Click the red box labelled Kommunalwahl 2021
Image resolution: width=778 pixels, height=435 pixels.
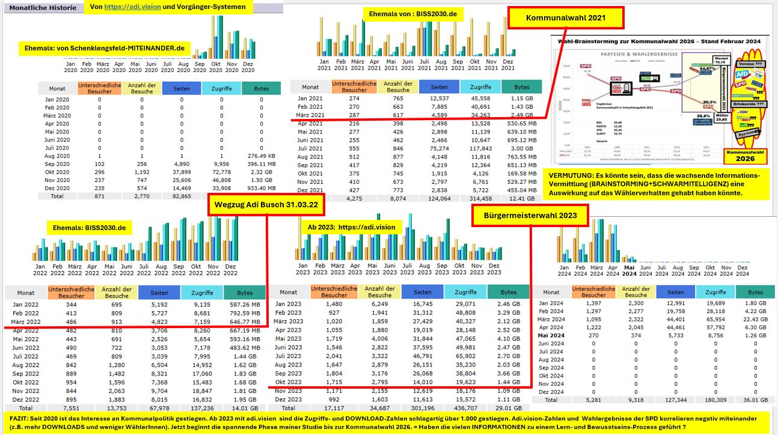coord(566,19)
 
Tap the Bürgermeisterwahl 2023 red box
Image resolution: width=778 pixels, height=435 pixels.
coord(529,215)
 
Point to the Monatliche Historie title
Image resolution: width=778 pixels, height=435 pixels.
coord(43,8)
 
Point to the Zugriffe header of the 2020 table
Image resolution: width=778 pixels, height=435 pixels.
coord(221,88)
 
